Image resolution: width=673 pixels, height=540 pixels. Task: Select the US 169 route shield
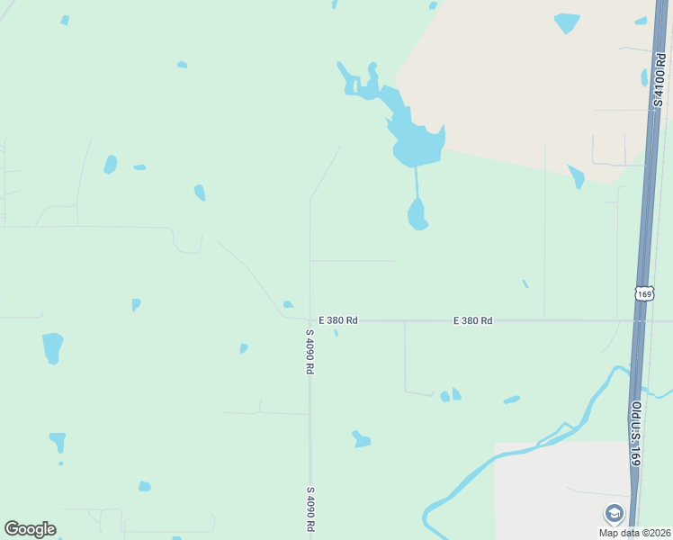[x=643, y=294]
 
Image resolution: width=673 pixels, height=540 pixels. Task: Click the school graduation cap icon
[x=615, y=513]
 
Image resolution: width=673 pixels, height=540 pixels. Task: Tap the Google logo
[x=30, y=529]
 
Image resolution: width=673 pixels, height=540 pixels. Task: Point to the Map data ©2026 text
[x=635, y=533]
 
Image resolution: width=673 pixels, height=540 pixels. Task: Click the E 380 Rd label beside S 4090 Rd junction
[x=338, y=320]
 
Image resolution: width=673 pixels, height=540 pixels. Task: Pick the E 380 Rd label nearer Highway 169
[x=472, y=320]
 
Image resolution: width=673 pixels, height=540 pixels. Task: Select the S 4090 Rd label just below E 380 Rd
[x=309, y=351]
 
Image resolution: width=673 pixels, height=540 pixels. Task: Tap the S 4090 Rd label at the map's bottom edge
[x=309, y=509]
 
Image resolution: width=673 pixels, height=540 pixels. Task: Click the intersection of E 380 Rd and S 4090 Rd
[x=310, y=320]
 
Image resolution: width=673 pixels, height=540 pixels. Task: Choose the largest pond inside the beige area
[x=567, y=22]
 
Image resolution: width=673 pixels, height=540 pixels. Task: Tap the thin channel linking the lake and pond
[x=417, y=182]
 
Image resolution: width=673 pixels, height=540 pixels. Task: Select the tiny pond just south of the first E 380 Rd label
[x=336, y=333]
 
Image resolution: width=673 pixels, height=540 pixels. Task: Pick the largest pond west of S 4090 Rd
[x=52, y=346]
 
